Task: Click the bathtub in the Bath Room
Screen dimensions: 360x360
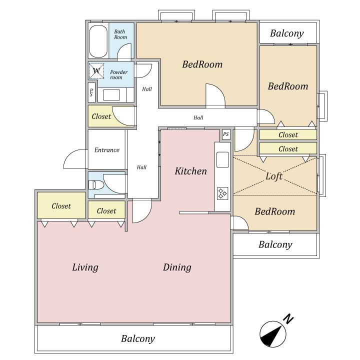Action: pos(98,41)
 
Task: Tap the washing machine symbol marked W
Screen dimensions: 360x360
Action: pos(96,71)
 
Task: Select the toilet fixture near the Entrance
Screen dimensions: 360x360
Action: pos(95,185)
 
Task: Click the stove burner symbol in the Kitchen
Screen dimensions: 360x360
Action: pos(222,193)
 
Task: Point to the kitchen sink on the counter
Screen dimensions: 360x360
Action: pos(222,159)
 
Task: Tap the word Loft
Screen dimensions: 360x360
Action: pos(274,176)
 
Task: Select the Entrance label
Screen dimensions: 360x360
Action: pos(107,150)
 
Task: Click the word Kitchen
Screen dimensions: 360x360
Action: pos(190,171)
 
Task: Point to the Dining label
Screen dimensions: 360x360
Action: pos(177,267)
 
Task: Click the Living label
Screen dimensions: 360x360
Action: pos(85,267)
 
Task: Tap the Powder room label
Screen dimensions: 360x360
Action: pos(118,74)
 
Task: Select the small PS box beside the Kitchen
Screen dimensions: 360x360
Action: pos(226,134)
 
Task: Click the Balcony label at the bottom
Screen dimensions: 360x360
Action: pos(138,339)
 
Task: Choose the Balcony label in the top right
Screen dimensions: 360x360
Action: pos(287,33)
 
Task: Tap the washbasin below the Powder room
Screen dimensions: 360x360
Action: pos(111,95)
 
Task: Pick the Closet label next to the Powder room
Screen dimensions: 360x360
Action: pos(101,116)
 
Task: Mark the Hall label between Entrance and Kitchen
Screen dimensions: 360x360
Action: pos(141,167)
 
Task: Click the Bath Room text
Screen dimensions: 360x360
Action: pos(120,34)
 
